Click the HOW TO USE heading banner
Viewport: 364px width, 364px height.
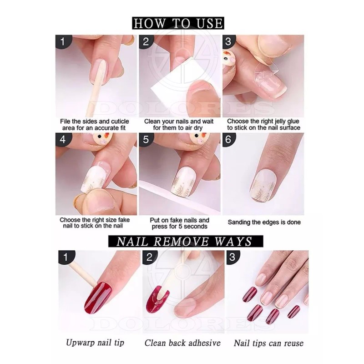178,23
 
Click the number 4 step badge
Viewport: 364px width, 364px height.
63,140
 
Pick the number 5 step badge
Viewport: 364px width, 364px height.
146,140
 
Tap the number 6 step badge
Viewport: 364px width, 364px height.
229,140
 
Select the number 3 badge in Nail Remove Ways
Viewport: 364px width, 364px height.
232,257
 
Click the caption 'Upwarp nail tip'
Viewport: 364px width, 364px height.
94,343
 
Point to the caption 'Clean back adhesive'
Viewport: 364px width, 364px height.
182,343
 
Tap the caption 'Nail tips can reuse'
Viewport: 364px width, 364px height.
268,343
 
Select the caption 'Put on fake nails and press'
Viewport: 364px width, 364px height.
179,223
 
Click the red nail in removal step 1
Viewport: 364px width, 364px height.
97,297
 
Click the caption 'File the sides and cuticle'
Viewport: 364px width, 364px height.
95,125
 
